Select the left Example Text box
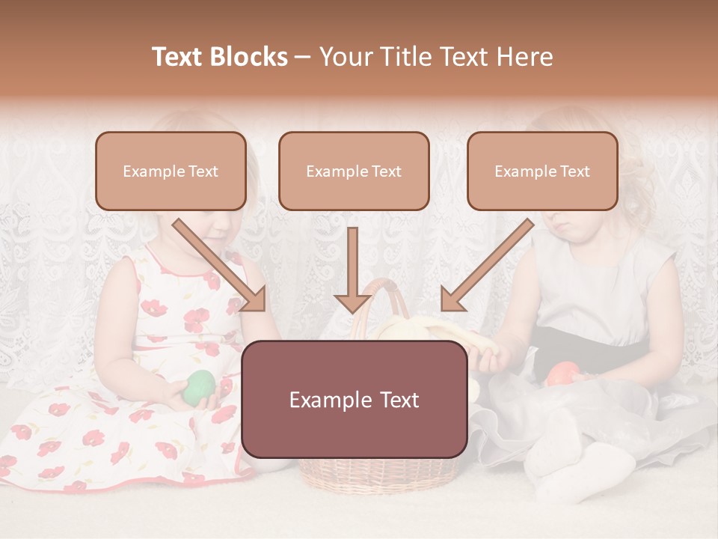point(171,171)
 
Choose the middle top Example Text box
point(354,171)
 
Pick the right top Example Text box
point(542,171)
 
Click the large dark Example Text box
point(355,399)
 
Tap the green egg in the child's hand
point(199,386)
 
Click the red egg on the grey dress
point(563,372)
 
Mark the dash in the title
point(303,58)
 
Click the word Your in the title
point(345,57)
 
